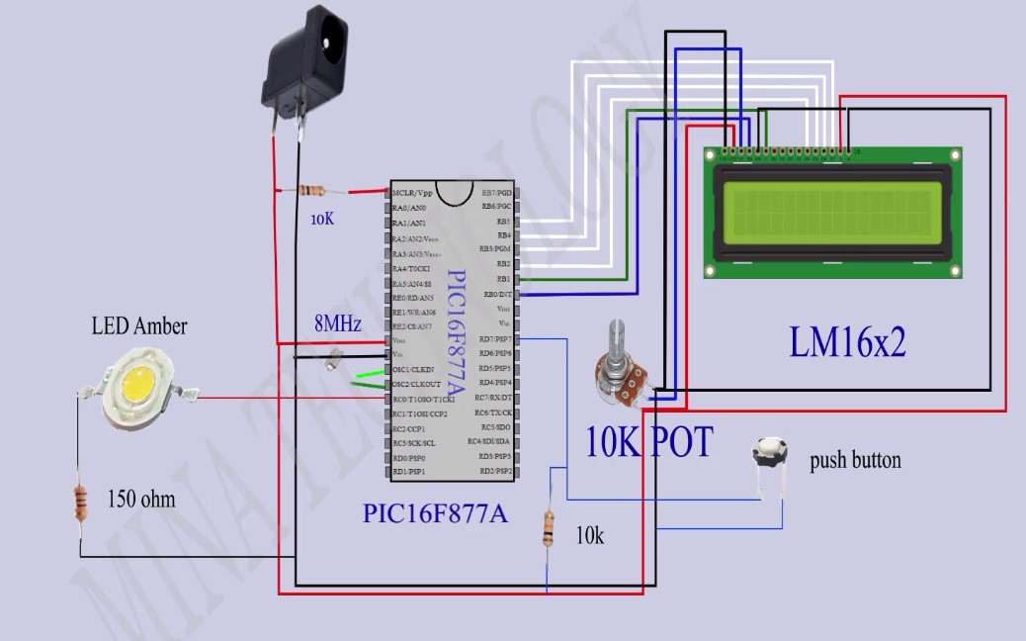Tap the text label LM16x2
tap(847, 342)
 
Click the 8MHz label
tap(338, 324)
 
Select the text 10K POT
tap(648, 442)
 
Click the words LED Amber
tap(139, 326)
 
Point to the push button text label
tap(855, 460)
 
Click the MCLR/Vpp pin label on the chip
tap(412, 193)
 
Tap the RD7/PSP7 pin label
tap(494, 339)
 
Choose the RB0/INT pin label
tap(495, 295)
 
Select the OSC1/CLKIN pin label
tap(413, 369)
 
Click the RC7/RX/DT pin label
tap(493, 398)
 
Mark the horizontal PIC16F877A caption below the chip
tap(435, 514)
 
